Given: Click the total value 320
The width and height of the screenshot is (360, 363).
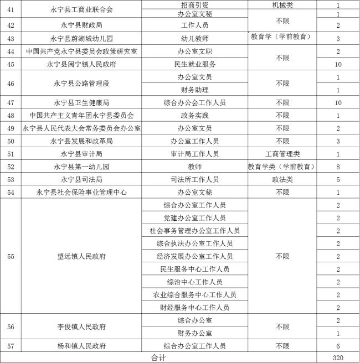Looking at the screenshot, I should tap(338, 357).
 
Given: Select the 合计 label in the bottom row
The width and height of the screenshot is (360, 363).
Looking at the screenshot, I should tap(158, 357).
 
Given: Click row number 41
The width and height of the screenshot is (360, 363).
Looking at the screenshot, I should tap(11, 9).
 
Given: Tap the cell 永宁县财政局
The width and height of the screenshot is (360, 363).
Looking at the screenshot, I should tap(81, 25).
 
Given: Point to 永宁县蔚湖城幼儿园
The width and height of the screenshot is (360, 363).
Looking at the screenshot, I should tap(81, 38).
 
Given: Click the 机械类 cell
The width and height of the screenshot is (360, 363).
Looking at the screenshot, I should tap(282, 4).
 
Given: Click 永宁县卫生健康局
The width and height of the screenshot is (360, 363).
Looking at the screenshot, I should tap(81, 103).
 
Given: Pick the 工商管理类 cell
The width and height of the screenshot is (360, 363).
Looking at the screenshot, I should tap(282, 154).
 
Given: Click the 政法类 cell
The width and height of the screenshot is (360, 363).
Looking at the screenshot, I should tap(282, 179).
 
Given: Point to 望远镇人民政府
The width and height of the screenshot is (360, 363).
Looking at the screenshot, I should tap(81, 256).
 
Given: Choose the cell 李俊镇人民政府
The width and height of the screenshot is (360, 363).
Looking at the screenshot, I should tap(81, 326).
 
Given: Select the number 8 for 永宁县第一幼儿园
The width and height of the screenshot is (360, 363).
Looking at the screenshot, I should tap(338, 167).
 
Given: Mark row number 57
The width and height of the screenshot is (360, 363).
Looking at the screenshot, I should tap(11, 346).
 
